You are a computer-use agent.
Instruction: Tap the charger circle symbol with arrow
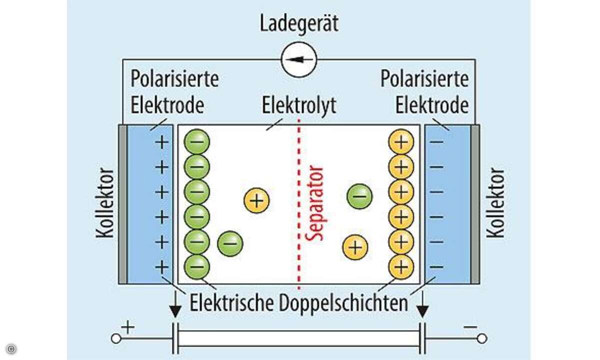click(298, 59)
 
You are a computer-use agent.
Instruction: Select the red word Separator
click(315, 203)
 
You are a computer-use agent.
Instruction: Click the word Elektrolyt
click(299, 105)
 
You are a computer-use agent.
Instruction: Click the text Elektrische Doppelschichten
click(298, 303)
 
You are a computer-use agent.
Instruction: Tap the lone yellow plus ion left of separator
click(256, 200)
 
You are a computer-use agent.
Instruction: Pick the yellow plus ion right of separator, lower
click(355, 246)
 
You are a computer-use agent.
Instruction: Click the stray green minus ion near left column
click(230, 243)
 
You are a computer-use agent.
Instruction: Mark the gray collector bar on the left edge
click(122, 204)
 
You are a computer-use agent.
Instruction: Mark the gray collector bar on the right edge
click(475, 204)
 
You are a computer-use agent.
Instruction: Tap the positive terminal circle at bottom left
click(115, 338)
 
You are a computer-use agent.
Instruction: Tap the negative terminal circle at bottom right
click(481, 338)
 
